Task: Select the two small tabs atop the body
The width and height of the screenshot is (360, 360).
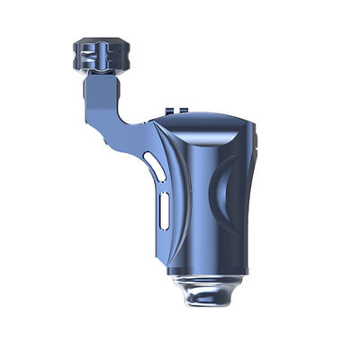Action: pos(179,112)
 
